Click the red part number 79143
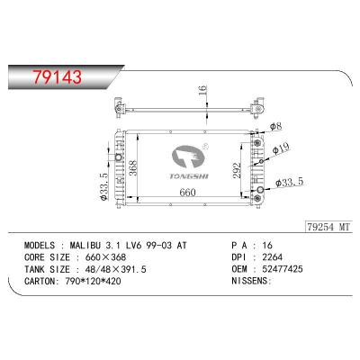coord(58,76)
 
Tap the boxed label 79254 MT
coord(328,227)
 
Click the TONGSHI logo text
coord(189,176)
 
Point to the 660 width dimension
coord(188,193)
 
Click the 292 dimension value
coord(238,170)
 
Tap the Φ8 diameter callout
coord(276,127)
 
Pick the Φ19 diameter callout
coord(281,148)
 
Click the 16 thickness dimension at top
coord(202,91)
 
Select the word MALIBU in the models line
coord(85,246)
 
